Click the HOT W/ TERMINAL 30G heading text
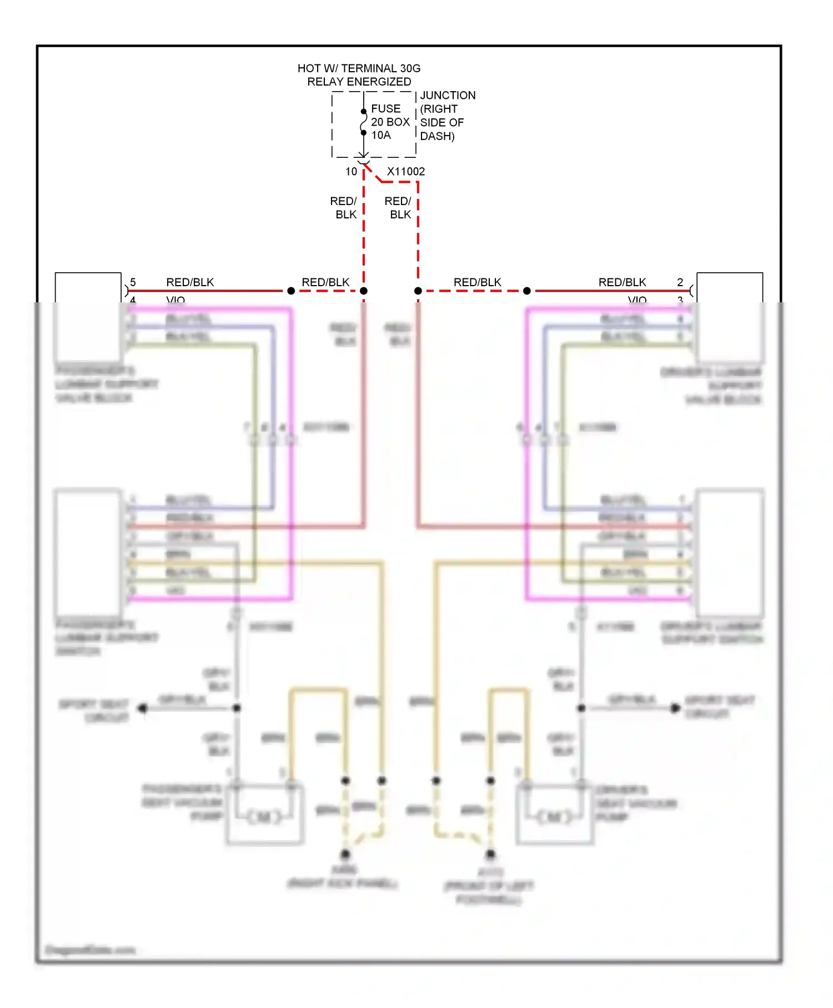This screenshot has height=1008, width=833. coord(359,68)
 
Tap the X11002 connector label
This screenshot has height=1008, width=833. coord(406,172)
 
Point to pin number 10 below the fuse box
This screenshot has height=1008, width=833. coord(351,172)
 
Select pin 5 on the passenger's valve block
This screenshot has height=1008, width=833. coord(133,282)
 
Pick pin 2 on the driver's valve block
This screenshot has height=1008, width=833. coord(680,282)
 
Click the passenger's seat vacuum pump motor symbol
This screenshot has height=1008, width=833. coord(264,817)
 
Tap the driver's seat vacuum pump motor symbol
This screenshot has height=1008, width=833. coord(554,817)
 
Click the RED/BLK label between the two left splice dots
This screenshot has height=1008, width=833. coord(325,282)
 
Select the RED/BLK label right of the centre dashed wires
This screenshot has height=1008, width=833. coord(477,282)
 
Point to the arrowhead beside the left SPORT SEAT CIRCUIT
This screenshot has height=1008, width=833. coord(143,708)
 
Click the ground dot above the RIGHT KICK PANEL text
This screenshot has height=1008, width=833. coord(345,854)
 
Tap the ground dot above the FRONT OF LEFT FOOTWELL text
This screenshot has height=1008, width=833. coord(490,854)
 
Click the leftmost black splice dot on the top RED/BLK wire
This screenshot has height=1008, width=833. coord(290,291)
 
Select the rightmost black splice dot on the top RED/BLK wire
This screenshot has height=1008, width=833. coord(526,291)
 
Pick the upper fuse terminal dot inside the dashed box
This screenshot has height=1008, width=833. coord(364,112)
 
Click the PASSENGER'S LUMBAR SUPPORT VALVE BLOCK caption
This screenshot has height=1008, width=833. coord(106,384)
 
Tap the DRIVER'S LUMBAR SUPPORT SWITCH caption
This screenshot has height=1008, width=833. coord(712,633)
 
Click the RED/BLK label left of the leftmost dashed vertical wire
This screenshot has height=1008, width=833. coord(344,208)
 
